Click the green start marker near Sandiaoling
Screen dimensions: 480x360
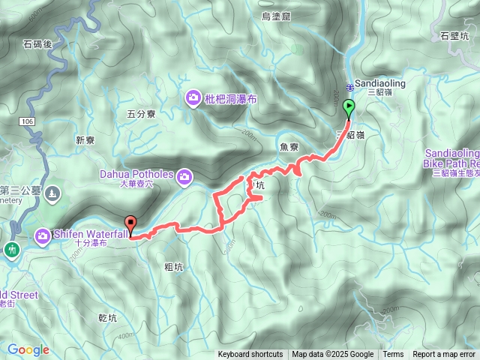(x=349, y=108)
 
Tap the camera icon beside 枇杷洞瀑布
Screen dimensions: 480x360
(x=193, y=97)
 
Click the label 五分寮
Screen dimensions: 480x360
(x=141, y=115)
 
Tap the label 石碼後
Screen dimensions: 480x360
(x=37, y=44)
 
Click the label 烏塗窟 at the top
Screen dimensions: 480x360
(x=276, y=16)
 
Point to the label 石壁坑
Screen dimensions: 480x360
(x=455, y=35)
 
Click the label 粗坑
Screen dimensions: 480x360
(x=173, y=266)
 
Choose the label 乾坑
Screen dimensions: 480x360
(x=108, y=318)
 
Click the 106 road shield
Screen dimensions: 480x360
(x=28, y=121)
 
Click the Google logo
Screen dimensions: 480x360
(x=28, y=349)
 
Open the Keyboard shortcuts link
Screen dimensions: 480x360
(x=250, y=355)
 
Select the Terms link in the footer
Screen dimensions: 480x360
(x=393, y=355)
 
